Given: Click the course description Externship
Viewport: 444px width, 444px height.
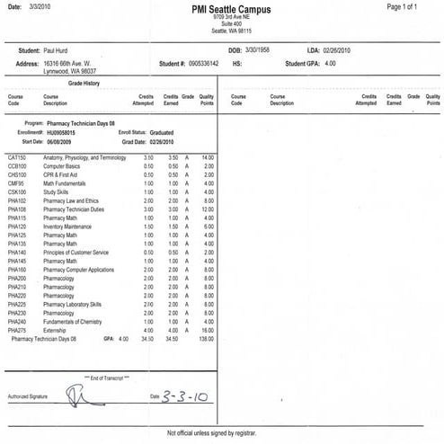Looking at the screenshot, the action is [56, 332].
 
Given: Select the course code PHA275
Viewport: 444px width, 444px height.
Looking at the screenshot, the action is [17, 332].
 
